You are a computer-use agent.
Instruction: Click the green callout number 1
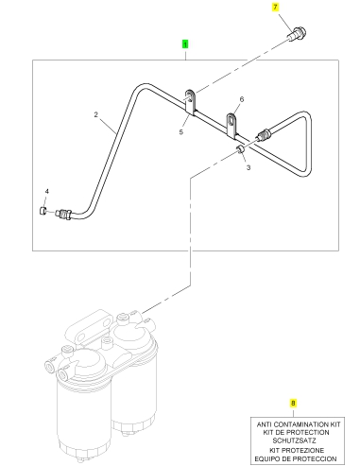185,44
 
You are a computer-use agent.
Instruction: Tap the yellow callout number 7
276,7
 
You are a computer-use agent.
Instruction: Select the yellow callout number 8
293,403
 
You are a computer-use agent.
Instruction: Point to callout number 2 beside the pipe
96,114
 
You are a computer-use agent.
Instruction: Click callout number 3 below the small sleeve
249,167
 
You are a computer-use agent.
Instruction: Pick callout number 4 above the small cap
47,191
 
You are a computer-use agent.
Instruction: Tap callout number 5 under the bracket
181,131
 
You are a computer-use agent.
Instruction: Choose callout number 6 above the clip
242,99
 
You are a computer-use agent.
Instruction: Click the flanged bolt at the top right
297,34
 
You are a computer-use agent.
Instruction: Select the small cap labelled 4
43,210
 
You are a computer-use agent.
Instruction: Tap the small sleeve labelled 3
241,148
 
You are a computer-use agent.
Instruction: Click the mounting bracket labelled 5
190,102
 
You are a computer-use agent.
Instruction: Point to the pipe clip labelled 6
231,126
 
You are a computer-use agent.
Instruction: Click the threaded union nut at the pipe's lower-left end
64,214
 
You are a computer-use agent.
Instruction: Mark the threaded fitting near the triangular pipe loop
264,134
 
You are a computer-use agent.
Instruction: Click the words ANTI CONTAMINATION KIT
299,424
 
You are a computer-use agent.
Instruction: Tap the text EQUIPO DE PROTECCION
296,458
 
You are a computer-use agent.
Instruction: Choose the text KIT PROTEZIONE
297,450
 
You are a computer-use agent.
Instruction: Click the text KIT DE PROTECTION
296,432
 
